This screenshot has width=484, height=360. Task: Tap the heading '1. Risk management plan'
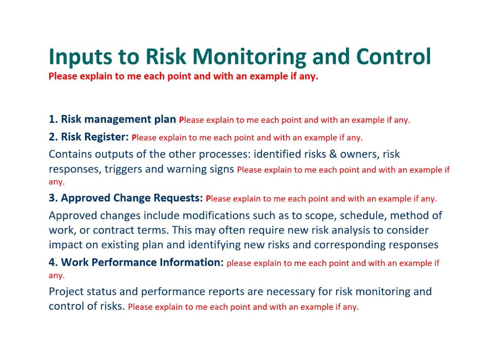click(x=112, y=119)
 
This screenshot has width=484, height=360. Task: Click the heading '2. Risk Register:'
click(x=88, y=137)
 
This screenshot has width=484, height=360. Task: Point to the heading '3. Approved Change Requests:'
click(x=126, y=198)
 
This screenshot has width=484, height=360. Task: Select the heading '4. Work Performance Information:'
click(x=136, y=262)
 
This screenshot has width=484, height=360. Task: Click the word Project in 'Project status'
click(x=65, y=291)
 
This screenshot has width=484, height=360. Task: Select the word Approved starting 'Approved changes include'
click(x=71, y=216)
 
